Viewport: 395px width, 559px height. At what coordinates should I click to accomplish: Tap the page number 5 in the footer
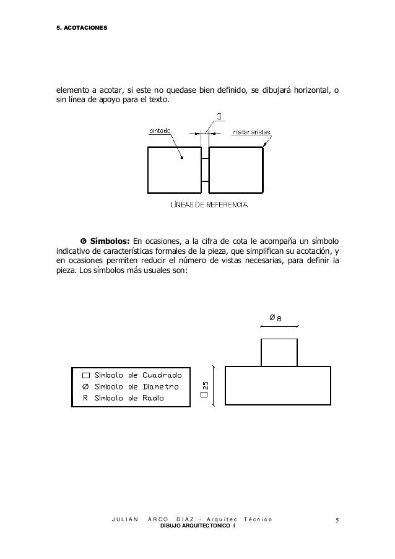click(337, 521)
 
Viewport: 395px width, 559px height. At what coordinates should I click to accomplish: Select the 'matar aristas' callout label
click(251, 132)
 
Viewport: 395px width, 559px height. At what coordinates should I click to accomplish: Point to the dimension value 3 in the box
click(220, 116)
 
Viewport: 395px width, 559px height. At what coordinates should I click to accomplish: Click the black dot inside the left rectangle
click(182, 158)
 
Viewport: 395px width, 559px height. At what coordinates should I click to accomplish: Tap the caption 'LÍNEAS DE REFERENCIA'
click(209, 204)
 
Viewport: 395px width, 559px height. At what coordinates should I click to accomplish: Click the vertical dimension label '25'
click(206, 386)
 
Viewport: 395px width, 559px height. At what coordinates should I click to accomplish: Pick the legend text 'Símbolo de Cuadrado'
click(137, 375)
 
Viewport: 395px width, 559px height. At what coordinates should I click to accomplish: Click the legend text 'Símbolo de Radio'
click(129, 398)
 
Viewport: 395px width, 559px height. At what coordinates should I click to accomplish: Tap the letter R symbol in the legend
click(85, 398)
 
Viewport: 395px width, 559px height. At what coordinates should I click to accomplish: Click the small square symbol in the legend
click(85, 375)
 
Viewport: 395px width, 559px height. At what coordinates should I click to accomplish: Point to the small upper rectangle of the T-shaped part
click(279, 352)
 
